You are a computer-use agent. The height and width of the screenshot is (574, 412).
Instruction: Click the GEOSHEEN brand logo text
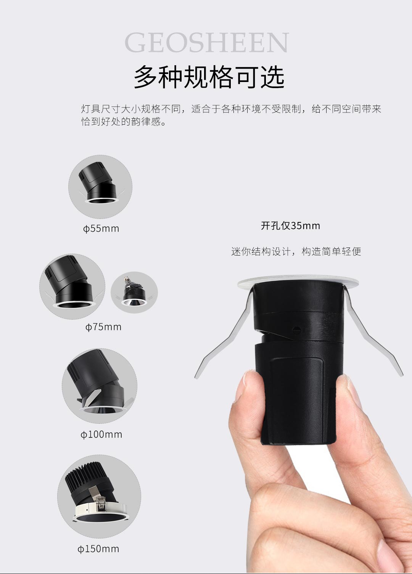(x=206, y=43)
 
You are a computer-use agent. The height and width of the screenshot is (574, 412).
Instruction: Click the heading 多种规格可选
(x=209, y=77)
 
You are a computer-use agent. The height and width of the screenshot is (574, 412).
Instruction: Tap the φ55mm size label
(x=101, y=228)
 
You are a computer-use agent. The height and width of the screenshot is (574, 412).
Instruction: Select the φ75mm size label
(x=103, y=327)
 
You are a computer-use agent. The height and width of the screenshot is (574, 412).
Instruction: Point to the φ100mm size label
(x=101, y=434)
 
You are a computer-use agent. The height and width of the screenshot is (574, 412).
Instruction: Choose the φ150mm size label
(x=98, y=549)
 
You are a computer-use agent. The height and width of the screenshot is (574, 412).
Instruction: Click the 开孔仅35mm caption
(x=290, y=225)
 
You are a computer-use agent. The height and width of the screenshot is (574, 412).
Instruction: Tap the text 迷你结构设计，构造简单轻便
(x=296, y=251)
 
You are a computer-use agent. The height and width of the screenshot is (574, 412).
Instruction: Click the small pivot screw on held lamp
(x=296, y=330)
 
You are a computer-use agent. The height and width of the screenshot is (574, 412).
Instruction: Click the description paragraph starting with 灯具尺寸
(x=231, y=115)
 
